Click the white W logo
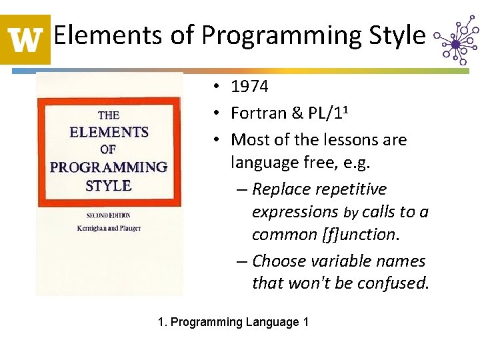tap(25, 39)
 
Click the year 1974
tap(249, 86)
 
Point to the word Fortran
tap(256, 113)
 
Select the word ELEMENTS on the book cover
tap(109, 132)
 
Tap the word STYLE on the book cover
tap(109, 185)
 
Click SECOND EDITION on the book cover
tap(109, 215)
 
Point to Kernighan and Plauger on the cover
tap(109, 229)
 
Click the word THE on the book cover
tap(109, 115)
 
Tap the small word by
tap(350, 213)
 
